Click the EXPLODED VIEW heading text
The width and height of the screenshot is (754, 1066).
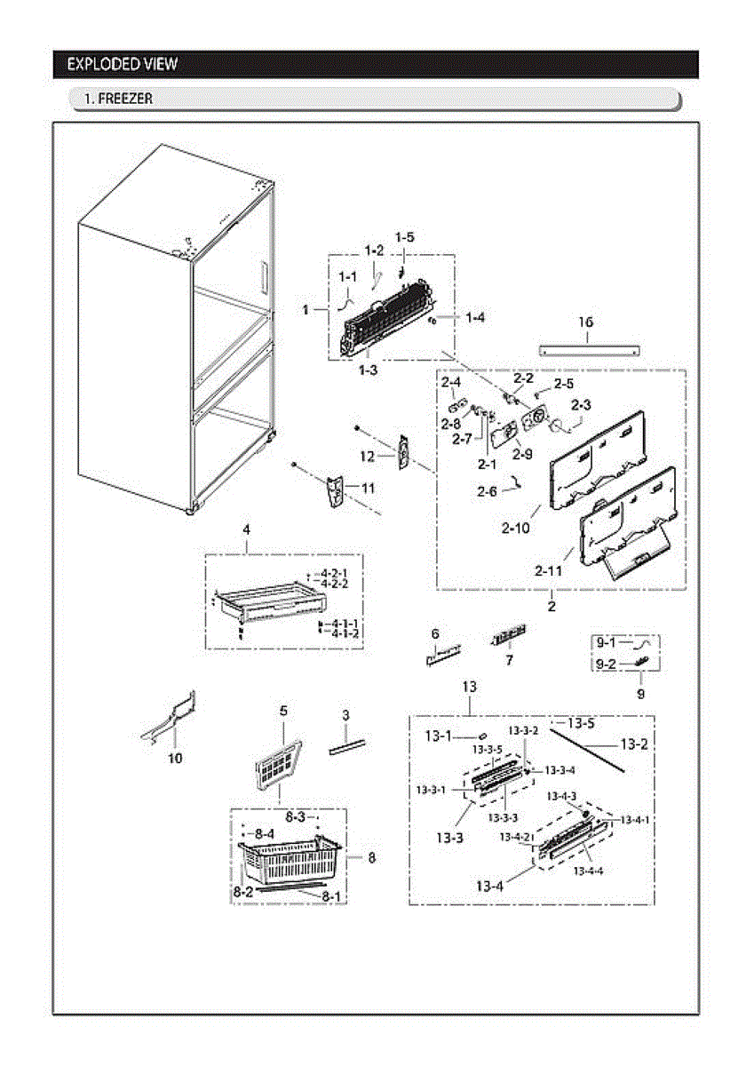(x=122, y=64)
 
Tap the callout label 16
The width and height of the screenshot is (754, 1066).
(x=586, y=322)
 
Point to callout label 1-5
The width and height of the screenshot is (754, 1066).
(x=405, y=237)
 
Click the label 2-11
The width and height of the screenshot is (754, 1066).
(x=548, y=570)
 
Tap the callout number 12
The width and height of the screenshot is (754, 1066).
(x=368, y=456)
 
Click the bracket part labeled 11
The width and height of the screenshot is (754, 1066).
(x=335, y=492)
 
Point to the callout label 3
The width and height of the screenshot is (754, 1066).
(x=345, y=715)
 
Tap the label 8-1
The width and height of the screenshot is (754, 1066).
(x=331, y=897)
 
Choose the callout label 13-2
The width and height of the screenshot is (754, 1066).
(x=633, y=744)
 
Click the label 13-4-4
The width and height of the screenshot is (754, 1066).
(x=588, y=871)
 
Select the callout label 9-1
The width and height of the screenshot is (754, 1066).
(x=607, y=641)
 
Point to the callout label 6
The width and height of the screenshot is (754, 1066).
(x=435, y=633)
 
